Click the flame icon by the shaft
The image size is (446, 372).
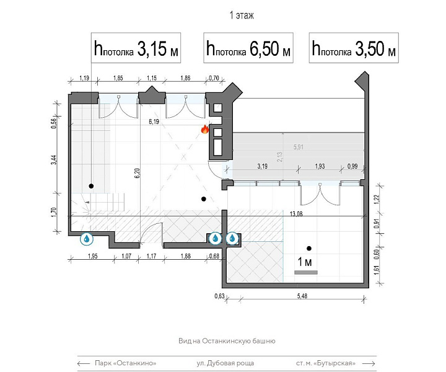point(205,130)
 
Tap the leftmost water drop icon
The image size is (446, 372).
point(87,239)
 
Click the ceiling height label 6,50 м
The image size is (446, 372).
point(248,48)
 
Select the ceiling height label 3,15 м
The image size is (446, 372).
point(136,48)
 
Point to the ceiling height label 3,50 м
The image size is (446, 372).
point(354,48)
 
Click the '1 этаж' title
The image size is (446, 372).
point(242,15)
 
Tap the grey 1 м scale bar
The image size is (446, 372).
point(306,272)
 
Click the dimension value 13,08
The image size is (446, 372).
point(296,214)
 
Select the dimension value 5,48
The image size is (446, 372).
point(302,296)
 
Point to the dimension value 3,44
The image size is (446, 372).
point(54,160)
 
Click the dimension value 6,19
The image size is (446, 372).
point(154,122)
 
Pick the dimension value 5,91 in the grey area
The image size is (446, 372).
point(299,147)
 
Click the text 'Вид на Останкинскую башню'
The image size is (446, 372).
point(227,341)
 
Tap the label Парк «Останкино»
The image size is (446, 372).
point(125,363)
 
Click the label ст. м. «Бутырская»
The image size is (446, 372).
point(326,363)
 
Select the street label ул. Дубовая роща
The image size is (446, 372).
point(225,363)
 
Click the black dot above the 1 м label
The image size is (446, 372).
point(309,249)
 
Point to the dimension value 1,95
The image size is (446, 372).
point(93,256)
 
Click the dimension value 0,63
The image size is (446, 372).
point(219,296)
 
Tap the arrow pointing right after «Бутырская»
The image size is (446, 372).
point(369,363)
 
